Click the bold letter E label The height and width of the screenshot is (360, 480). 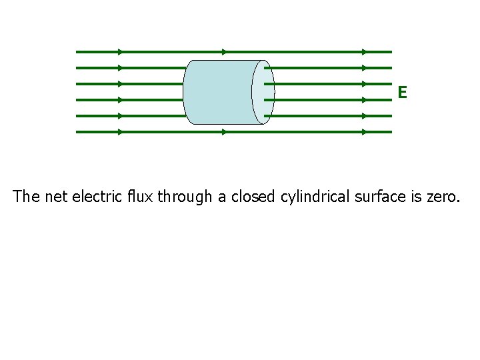pos(402,93)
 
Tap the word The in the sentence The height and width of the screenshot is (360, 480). pos(26,197)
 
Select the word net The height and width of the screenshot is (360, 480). pos(56,197)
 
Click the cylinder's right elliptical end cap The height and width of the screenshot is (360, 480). pos(263,92)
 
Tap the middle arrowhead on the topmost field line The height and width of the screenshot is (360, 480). pos(224,51)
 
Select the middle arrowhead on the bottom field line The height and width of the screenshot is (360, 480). pos(224,132)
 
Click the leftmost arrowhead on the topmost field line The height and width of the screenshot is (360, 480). pos(120,51)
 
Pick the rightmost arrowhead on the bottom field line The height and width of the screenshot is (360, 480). pos(364,132)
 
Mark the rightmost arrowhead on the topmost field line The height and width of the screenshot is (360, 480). pos(364,51)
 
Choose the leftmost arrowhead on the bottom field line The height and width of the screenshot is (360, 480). pos(120,132)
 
